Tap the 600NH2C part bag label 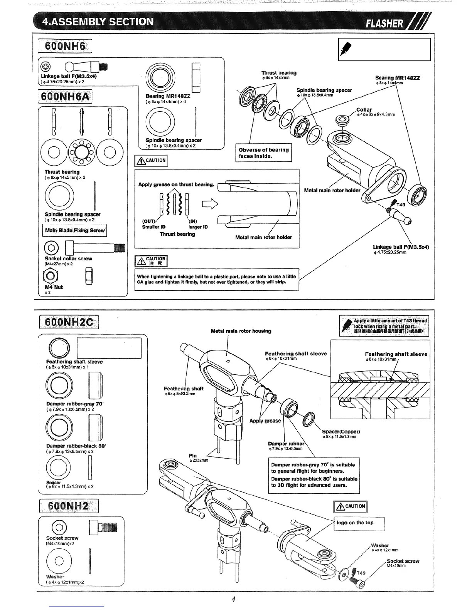click(69, 322)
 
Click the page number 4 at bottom click(234, 599)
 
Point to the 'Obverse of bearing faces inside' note click(263, 153)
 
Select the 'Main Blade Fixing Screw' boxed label click(74, 231)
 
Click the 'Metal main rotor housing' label click(241, 331)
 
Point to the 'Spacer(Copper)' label click(341, 432)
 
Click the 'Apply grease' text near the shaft click(265, 421)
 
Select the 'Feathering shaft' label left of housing click(184, 389)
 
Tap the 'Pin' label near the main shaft click(193, 456)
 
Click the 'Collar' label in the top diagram click(364, 110)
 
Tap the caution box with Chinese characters click(151, 261)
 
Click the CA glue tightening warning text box click(217, 279)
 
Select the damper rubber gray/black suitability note click(314, 475)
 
